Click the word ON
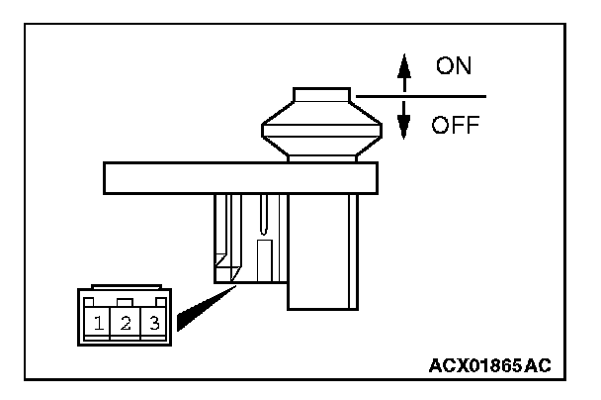[455, 67]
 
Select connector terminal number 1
[100, 322]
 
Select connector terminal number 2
[127, 322]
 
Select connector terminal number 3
[153, 322]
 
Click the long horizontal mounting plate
[240, 178]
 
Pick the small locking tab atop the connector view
[125, 300]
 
